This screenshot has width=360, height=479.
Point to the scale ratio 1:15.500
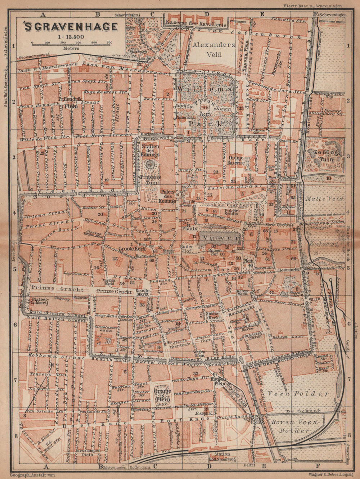[x=71, y=36]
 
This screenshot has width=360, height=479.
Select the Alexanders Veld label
[x=213, y=50]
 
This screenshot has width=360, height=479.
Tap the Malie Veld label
[x=324, y=198]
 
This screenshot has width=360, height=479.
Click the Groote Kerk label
[x=131, y=249]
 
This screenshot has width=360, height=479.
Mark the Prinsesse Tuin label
[x=150, y=179]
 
